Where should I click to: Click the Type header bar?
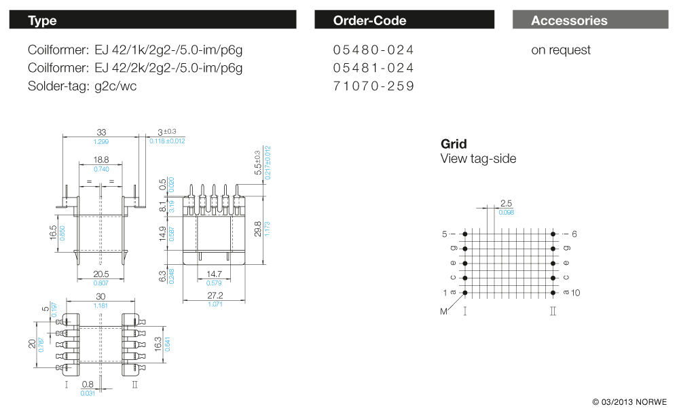point(153,20)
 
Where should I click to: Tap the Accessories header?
point(589,20)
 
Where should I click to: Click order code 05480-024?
point(373,50)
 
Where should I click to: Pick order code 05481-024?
point(373,68)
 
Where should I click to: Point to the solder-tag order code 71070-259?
point(373,86)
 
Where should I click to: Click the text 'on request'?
point(561,50)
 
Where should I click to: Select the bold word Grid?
point(454,144)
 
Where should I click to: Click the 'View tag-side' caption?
point(478,159)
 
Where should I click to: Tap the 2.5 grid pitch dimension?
point(506,204)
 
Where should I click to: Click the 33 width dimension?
point(101,132)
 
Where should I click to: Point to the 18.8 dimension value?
point(101,160)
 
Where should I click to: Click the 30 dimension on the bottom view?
point(101,296)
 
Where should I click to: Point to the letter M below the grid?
point(444,312)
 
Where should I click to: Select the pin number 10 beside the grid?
point(576,293)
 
